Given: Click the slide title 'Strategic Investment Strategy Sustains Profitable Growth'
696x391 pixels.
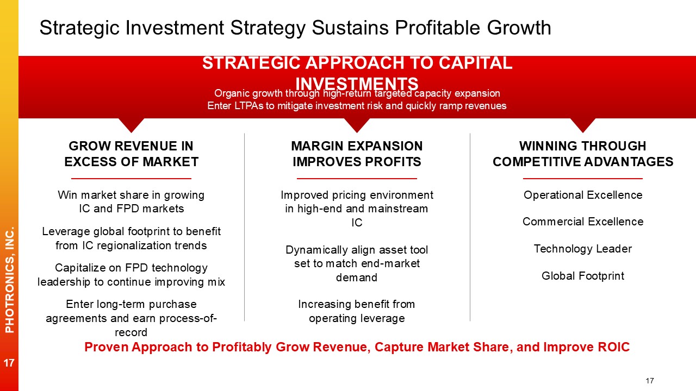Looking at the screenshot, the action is (x=295, y=28).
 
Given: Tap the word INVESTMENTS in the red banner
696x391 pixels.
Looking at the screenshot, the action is (x=357, y=84).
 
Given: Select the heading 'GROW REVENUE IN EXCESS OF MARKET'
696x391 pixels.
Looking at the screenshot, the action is (x=131, y=154).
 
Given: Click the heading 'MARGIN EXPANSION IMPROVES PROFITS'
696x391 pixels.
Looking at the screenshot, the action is (x=357, y=154).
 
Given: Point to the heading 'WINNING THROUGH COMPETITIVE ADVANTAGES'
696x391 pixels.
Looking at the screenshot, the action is (x=583, y=154).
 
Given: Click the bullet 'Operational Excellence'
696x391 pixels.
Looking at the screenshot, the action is (x=583, y=195).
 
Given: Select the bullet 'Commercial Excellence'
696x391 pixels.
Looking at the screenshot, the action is (x=583, y=222).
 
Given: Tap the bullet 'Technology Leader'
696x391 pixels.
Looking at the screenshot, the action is (x=583, y=249).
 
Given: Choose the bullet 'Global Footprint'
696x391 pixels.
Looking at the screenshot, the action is (x=583, y=275).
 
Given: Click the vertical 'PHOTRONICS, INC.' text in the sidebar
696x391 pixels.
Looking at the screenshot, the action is (x=10, y=280).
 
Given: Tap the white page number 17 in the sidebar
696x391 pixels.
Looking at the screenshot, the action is (x=9, y=363).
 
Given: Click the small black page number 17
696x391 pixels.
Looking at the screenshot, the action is (x=650, y=381).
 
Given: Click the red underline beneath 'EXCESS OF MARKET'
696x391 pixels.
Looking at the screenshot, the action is (x=131, y=179).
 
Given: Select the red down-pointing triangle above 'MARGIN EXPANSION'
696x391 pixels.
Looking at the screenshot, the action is (x=357, y=125).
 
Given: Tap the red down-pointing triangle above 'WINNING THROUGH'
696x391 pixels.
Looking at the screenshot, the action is (x=583, y=125).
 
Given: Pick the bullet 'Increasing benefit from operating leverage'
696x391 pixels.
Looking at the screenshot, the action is (x=357, y=311).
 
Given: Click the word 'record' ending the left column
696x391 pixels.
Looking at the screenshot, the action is (x=131, y=332).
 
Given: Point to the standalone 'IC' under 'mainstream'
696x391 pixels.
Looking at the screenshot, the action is (x=357, y=223).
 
